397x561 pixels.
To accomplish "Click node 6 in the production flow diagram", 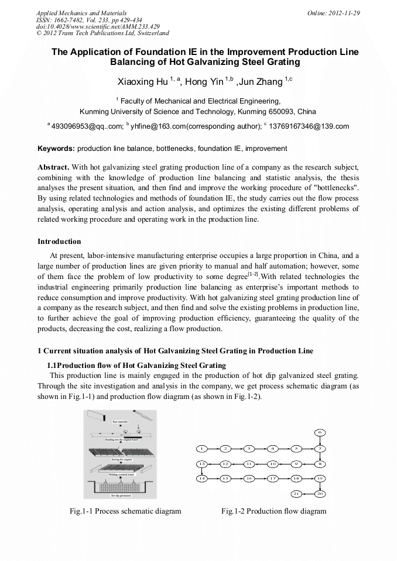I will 320,432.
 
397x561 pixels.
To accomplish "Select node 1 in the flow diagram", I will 201,449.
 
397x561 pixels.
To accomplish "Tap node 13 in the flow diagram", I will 201,463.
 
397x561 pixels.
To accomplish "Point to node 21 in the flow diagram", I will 297,494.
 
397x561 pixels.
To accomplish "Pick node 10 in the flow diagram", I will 272,463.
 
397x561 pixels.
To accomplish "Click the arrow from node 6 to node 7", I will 320,440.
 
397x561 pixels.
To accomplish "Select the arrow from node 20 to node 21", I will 309,494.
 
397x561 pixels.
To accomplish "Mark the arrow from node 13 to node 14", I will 201,471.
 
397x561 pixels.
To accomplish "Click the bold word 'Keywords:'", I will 56,149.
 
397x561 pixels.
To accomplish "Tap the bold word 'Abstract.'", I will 53,167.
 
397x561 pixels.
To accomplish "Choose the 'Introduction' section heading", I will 59,241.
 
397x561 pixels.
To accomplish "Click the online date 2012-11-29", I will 341,13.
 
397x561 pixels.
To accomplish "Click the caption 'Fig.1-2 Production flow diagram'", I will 273,511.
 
